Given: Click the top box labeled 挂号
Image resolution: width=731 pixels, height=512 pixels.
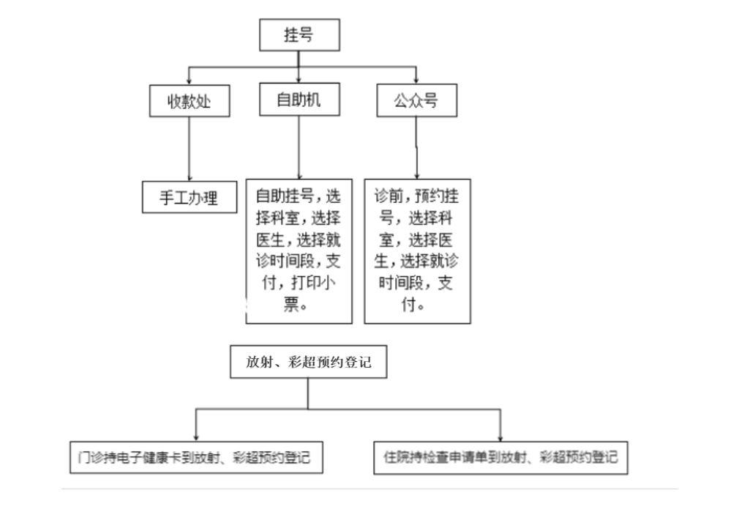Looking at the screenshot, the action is [x=299, y=35].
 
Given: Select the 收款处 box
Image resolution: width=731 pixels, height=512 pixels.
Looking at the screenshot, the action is [x=190, y=101].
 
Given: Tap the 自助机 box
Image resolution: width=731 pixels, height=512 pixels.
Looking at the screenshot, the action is [x=299, y=100].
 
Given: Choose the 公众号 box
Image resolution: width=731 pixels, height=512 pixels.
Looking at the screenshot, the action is [x=417, y=100].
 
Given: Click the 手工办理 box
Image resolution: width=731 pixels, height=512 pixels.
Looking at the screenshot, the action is [x=190, y=197].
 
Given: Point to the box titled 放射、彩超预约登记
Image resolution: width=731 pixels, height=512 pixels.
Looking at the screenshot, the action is [x=309, y=362].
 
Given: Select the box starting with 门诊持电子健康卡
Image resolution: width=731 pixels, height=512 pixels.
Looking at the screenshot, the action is [x=196, y=457].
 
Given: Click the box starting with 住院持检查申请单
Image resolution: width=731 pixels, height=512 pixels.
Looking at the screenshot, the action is [x=501, y=457].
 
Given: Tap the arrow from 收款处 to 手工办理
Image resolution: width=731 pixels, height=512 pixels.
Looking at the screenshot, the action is [x=190, y=149].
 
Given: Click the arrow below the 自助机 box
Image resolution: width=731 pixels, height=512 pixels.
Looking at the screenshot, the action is [x=299, y=147].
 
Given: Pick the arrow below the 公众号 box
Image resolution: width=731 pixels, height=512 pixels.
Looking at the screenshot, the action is [x=417, y=148].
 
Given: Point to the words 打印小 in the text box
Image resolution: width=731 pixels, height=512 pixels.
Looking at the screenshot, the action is [x=313, y=283].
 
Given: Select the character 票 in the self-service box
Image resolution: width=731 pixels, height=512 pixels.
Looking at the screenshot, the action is [x=291, y=304].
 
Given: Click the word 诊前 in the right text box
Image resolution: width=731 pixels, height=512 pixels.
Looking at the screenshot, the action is [x=389, y=196].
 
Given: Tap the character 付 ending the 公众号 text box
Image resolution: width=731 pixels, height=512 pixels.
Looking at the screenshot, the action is [x=409, y=304].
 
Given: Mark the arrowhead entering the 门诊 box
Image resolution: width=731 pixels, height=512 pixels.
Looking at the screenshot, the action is [x=196, y=438].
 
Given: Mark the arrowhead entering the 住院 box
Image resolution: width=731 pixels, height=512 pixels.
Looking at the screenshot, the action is [x=501, y=438].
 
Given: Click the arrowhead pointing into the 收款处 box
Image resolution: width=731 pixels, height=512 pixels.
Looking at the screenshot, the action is [x=190, y=82].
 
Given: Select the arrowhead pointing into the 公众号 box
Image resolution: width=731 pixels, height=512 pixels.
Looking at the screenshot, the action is [x=416, y=81].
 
